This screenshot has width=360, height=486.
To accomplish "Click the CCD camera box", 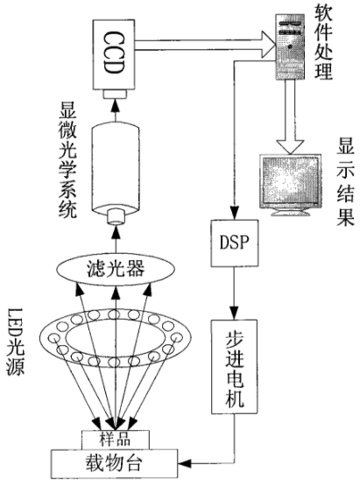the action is tap(114, 55).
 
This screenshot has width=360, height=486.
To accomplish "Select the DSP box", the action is tap(235, 243).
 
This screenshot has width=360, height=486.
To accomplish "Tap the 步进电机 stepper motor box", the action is tap(235, 367).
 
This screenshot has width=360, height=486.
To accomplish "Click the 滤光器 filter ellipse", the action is tap(116, 269).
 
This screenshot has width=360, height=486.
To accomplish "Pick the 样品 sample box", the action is tap(116, 440).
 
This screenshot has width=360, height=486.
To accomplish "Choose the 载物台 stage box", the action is tap(115, 464).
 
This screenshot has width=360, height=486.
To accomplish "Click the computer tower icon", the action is tap(290, 46).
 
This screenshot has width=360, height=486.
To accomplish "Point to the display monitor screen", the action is tap(290, 180).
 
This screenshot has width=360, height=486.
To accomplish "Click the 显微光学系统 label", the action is tap(67, 163).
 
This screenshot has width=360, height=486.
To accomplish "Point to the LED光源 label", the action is tap(16, 342).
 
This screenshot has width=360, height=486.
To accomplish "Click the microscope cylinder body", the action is tap(116, 170).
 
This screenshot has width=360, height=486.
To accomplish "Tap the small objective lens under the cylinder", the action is tap(116, 216).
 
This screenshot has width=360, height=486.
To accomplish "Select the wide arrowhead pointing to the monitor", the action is tap(290, 146).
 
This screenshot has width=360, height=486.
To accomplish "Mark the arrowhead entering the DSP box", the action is tap(235, 214).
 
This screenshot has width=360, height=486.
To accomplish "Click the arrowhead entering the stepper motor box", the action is tap(235, 313).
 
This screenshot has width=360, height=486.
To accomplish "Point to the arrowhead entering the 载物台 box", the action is tap(185, 464).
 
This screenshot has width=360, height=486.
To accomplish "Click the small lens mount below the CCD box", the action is tap(114, 95).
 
